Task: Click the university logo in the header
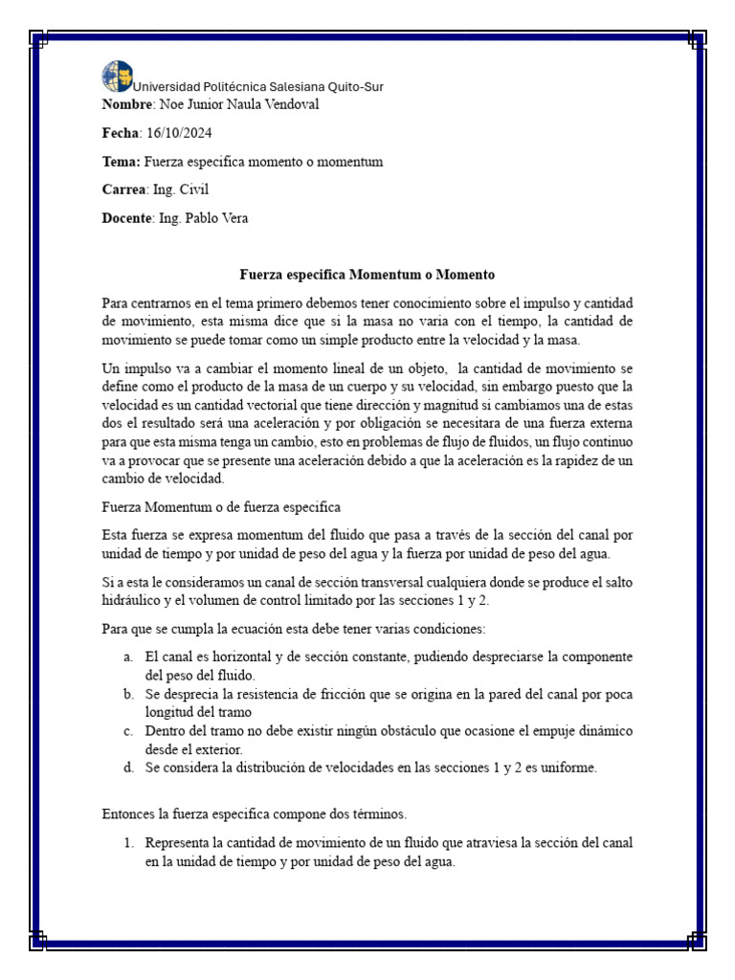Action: (x=117, y=76)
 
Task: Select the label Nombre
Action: (x=126, y=104)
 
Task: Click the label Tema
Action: (x=121, y=162)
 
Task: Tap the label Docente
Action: (x=126, y=218)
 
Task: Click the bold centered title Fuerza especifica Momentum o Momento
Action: (x=367, y=274)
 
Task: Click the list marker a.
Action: (x=128, y=657)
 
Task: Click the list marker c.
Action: (x=128, y=731)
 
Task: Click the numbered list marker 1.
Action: (x=127, y=842)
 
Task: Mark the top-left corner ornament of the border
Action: (x=38, y=38)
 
